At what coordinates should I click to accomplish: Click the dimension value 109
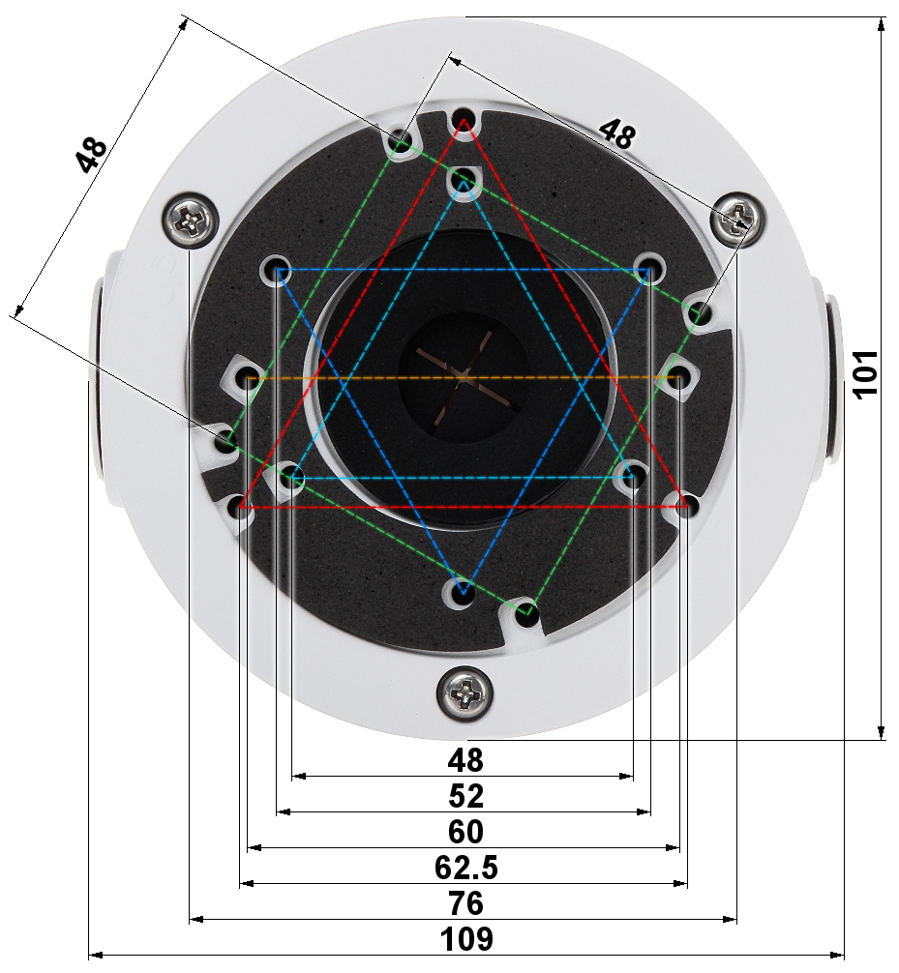coord(466,939)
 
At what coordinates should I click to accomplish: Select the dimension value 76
coord(465,903)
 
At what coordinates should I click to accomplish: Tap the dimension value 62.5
coord(465,867)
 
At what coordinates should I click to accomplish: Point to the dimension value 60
coord(465,832)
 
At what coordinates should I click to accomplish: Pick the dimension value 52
coord(465,796)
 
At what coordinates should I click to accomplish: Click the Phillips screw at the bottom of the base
coord(465,693)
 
